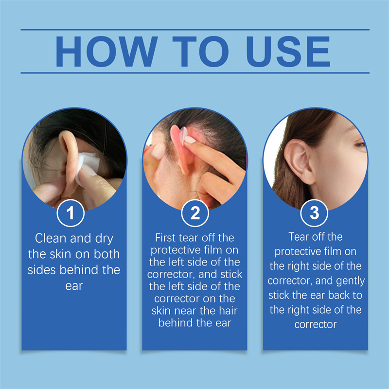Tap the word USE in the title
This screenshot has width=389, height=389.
(288, 52)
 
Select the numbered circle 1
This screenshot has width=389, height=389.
(71, 213)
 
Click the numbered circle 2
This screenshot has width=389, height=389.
(195, 213)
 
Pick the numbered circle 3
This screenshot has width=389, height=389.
(314, 213)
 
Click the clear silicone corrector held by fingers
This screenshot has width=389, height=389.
(184, 135)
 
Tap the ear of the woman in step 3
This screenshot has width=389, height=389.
(299, 161)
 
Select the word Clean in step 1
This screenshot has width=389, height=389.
(51, 238)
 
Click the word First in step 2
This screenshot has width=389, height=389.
(165, 238)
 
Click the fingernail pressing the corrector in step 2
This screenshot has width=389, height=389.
(190, 140)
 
